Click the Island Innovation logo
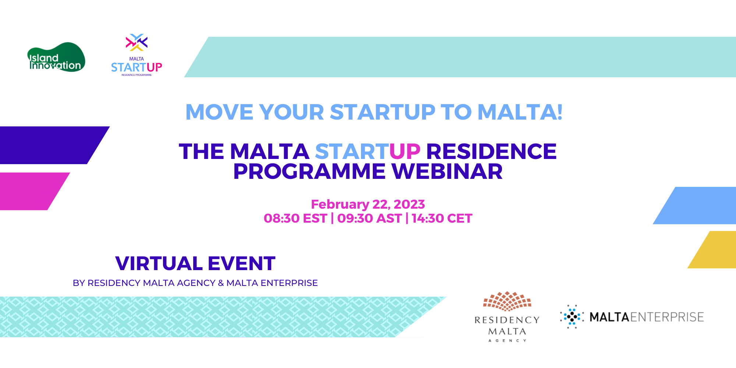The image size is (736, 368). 56,57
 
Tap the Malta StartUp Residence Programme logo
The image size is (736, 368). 137,55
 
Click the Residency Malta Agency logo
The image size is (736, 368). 507,317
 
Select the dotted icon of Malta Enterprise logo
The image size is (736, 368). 572,316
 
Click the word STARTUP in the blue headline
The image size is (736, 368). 382,112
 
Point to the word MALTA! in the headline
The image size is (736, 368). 520,112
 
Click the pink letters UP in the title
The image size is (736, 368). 405,151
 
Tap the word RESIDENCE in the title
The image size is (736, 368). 491,151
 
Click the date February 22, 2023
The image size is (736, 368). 368,204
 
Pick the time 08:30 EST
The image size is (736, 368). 295,218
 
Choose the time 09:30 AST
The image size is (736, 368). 369,218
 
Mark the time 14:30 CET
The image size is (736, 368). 442,218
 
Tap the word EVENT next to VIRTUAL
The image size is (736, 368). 242,263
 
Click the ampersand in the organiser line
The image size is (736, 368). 221,283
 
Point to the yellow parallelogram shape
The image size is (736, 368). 712,250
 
